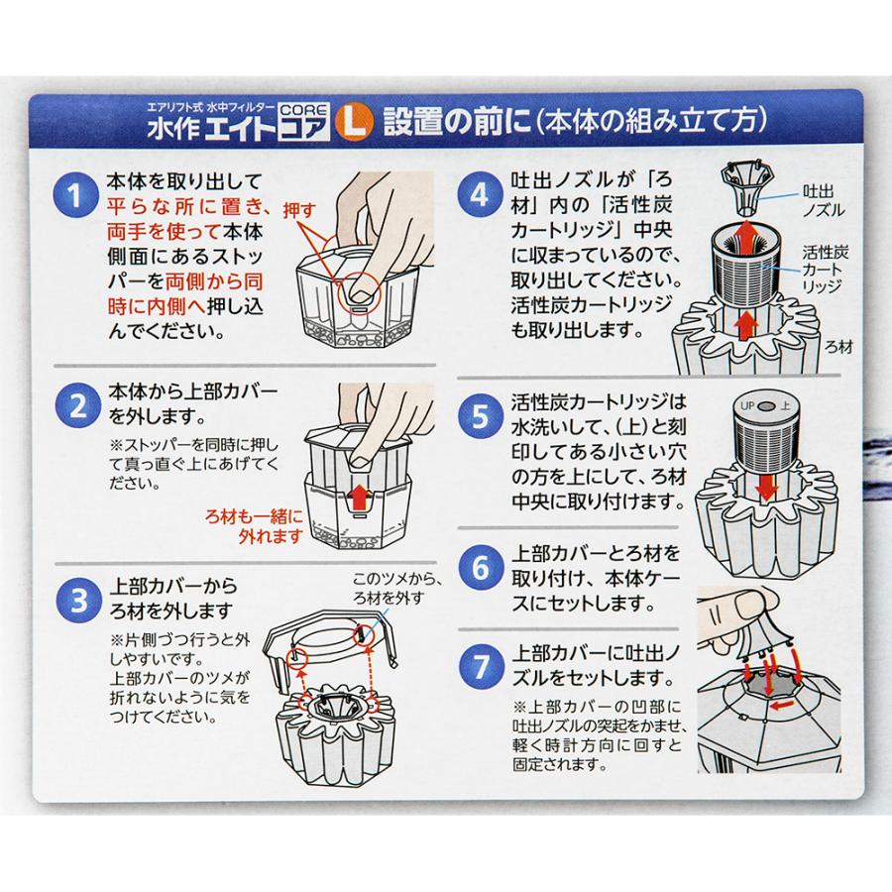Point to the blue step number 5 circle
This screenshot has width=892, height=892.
click(480, 417)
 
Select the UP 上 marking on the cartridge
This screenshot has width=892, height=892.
click(763, 404)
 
